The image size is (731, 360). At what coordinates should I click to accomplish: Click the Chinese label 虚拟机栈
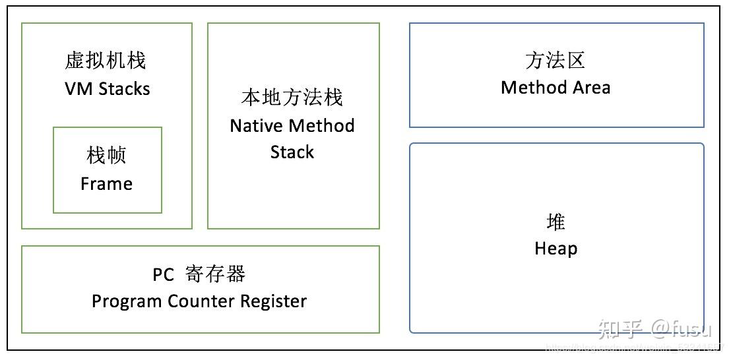click(x=106, y=61)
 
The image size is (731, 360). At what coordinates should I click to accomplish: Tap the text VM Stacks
click(x=108, y=89)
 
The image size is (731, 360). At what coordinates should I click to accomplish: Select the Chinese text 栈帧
click(x=106, y=156)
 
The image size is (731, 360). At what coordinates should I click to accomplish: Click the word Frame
click(x=106, y=184)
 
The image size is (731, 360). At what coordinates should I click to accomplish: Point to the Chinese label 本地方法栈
click(x=292, y=98)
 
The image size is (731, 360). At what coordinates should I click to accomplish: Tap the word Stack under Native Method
click(x=292, y=152)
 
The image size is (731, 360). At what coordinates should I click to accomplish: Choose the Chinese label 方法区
click(x=556, y=61)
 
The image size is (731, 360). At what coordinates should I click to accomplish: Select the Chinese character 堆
click(x=556, y=222)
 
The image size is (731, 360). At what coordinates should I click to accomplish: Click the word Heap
click(x=556, y=249)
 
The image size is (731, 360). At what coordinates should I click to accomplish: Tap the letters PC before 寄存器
click(x=164, y=274)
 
